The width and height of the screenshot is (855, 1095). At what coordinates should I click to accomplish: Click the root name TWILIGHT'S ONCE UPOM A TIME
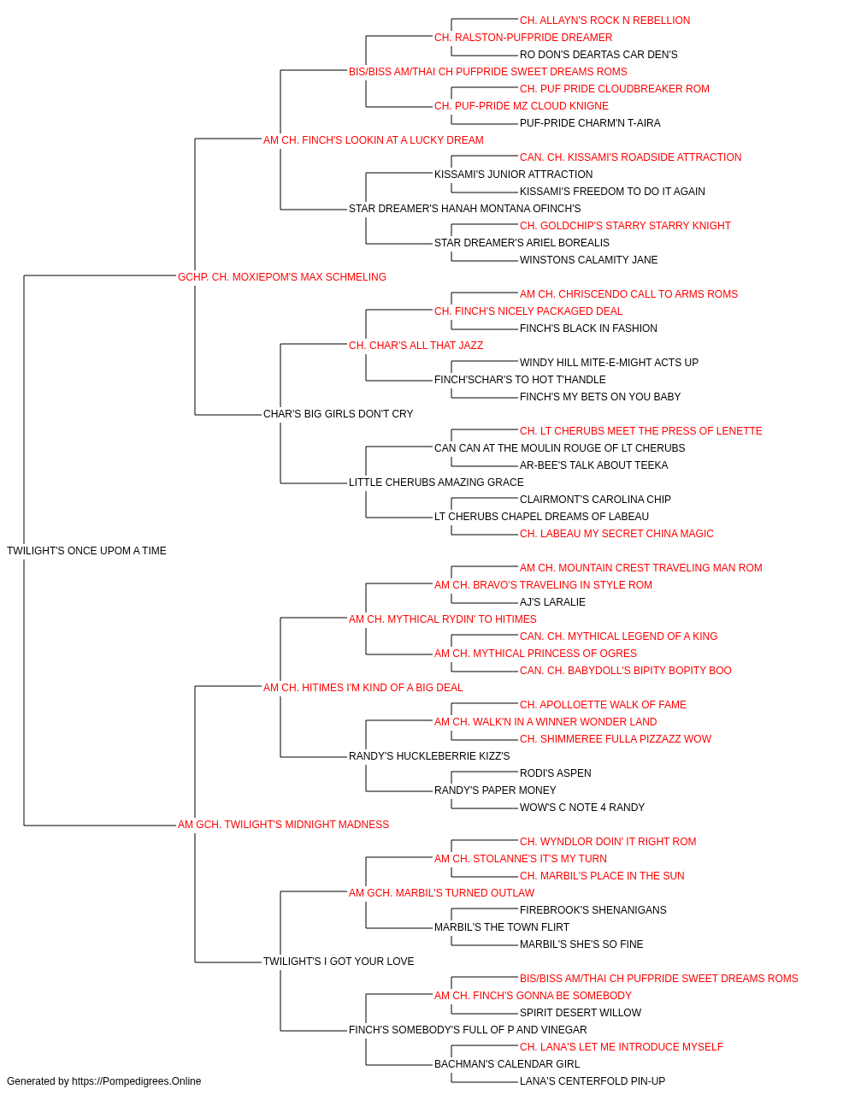(x=86, y=551)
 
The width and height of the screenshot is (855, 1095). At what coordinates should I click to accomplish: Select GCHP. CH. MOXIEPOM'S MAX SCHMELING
(x=282, y=277)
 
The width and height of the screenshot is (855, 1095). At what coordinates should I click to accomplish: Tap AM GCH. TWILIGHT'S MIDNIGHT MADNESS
(x=284, y=825)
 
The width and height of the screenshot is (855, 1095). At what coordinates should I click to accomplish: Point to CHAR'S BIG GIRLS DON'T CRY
(x=339, y=414)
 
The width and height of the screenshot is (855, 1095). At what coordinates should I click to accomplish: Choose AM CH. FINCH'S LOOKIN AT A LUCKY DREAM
(x=374, y=140)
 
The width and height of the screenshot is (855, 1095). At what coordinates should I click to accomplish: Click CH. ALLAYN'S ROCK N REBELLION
(x=605, y=21)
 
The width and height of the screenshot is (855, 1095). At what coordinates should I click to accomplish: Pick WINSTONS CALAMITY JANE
(x=588, y=260)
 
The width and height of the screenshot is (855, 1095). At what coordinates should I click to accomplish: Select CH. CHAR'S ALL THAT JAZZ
(x=416, y=346)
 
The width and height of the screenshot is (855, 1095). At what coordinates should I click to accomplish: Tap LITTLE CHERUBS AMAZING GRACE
(x=437, y=482)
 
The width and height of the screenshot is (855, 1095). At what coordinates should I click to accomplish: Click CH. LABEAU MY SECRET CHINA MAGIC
(x=616, y=534)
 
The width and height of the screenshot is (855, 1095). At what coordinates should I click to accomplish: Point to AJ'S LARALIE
(x=553, y=602)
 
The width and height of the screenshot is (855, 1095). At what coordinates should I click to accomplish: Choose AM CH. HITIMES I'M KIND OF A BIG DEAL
(x=363, y=688)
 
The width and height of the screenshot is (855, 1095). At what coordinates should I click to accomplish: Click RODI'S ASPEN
(x=556, y=773)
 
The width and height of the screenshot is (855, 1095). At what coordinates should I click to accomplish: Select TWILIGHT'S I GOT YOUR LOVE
(x=339, y=962)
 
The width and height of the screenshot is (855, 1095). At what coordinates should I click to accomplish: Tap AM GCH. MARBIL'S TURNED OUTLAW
(x=441, y=893)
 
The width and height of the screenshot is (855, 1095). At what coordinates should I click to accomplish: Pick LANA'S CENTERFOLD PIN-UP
(x=593, y=1081)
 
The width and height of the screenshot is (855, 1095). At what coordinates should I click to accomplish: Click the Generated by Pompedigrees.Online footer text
(x=103, y=1081)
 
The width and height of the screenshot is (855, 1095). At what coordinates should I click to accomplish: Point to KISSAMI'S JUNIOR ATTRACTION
(x=514, y=175)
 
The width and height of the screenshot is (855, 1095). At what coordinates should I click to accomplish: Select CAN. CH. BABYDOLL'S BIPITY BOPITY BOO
(x=626, y=671)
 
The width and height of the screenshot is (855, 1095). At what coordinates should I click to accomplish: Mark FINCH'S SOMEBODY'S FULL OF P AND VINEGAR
(x=468, y=1030)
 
